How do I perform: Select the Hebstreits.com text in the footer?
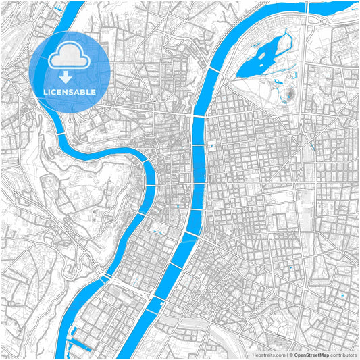point(268,354)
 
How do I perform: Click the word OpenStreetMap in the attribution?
point(311,354)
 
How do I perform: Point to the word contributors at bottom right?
point(344,354)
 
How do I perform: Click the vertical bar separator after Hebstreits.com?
point(286,354)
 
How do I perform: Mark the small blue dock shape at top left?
point(59,7)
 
